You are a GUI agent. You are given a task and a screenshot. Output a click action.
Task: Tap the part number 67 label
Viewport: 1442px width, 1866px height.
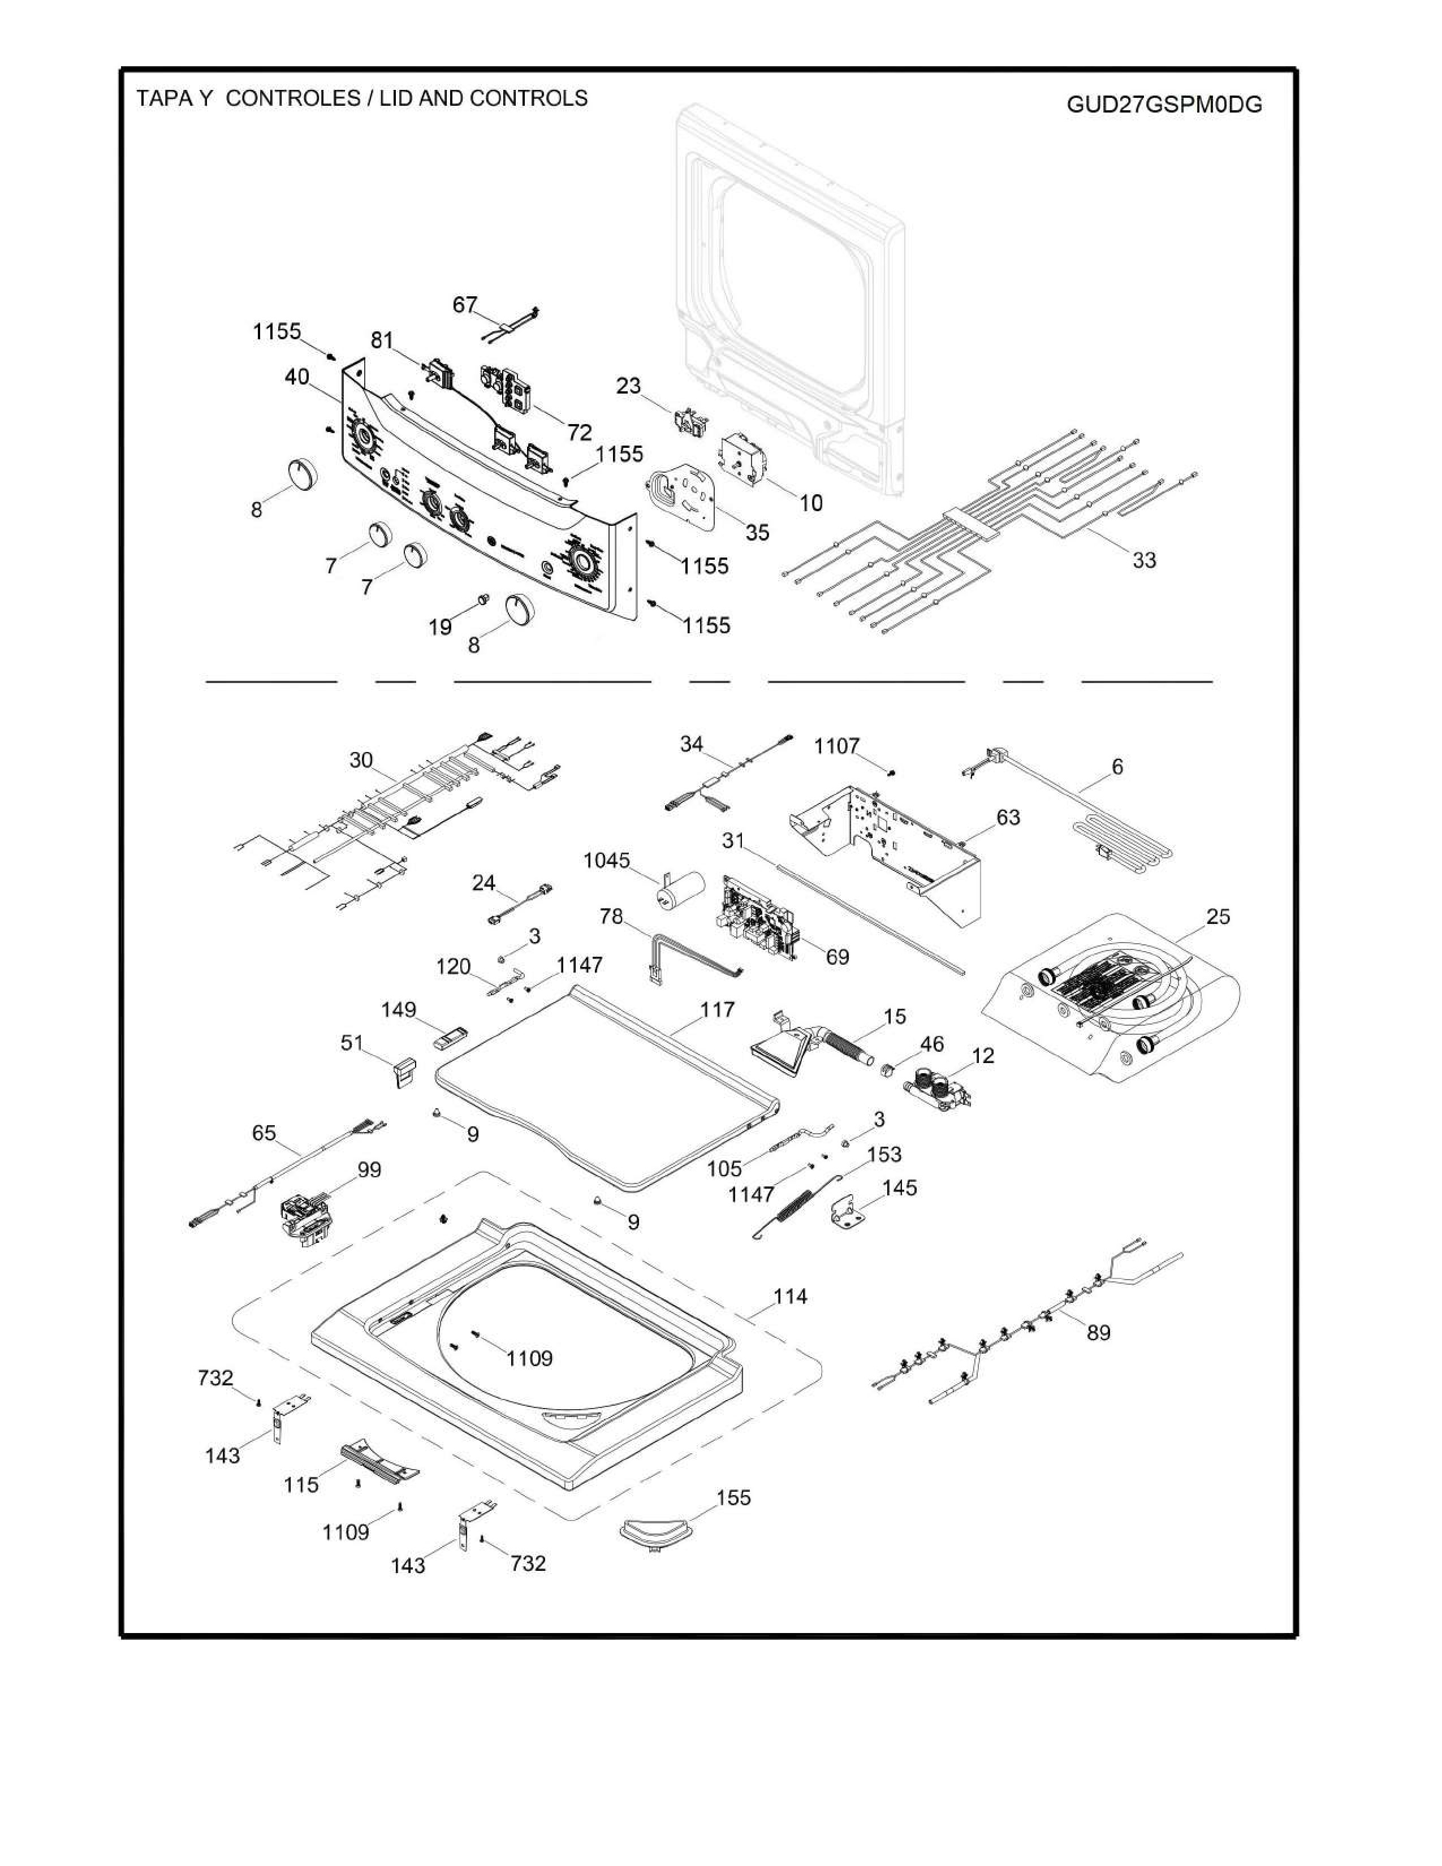(465, 305)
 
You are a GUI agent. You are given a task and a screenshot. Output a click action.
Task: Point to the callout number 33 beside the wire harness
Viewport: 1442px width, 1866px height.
(1144, 560)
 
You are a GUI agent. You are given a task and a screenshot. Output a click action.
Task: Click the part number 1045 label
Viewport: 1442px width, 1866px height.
(607, 861)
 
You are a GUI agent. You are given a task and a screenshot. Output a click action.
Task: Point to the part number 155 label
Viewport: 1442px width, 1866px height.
(733, 1498)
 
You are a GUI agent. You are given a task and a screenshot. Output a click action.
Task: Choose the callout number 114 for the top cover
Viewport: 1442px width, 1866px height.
(790, 1296)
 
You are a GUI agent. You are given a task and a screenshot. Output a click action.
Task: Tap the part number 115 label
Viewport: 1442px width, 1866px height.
(301, 1485)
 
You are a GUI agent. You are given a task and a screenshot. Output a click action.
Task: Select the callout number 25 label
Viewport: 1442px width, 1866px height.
(1218, 917)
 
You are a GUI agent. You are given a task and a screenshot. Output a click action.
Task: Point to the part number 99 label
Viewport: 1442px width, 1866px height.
(369, 1170)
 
